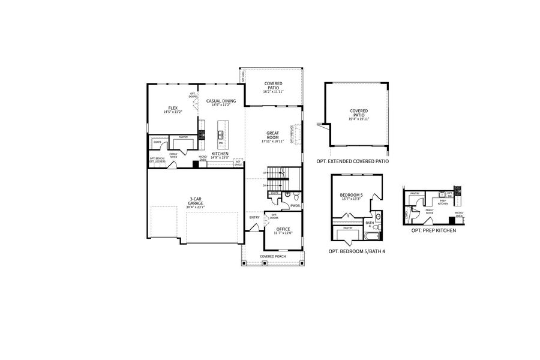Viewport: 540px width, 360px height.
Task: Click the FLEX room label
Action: [x=173, y=108]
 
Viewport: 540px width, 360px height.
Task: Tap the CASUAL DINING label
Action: [x=221, y=101]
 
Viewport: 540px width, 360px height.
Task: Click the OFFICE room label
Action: [x=283, y=229]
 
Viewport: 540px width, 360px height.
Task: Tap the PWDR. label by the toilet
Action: [x=295, y=206]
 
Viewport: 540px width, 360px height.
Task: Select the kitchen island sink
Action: [x=221, y=134]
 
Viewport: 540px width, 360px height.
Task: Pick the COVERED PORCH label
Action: [x=273, y=256]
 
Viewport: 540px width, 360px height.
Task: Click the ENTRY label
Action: [x=254, y=217]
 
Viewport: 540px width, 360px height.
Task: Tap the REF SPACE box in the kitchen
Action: [x=238, y=162]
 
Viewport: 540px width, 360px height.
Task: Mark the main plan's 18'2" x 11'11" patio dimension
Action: [x=274, y=92]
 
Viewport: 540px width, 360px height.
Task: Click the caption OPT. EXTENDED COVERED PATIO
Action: [x=353, y=161]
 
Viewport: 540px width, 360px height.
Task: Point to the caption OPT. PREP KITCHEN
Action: [x=433, y=230]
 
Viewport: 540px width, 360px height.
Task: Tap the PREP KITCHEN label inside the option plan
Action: [x=443, y=203]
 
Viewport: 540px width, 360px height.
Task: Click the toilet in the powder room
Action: [x=288, y=196]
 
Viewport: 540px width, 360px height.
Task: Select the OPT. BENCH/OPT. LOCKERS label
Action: [x=157, y=160]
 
